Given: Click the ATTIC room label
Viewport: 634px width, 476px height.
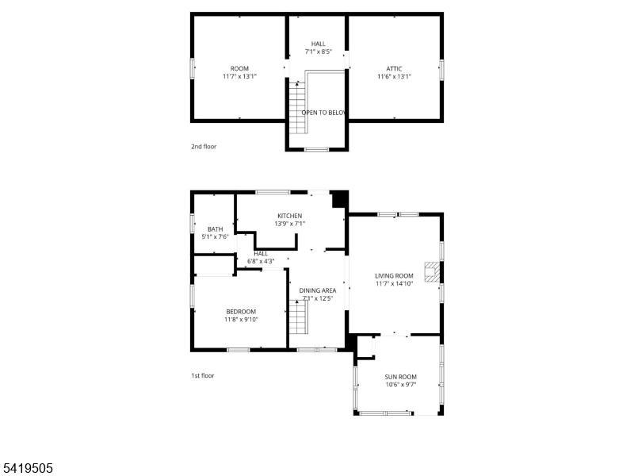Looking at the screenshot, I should [x=394, y=68].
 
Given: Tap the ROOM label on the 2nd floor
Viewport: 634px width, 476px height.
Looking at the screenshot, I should [x=239, y=68].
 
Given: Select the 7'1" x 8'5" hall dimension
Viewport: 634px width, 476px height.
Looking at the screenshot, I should [x=318, y=52].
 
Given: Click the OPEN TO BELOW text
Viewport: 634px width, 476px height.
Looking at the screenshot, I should [x=324, y=113].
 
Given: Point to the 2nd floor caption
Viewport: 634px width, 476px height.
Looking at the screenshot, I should [x=204, y=147].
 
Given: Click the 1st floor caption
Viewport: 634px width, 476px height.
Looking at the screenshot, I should [x=203, y=375].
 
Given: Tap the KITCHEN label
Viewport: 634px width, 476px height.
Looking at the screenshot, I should [x=289, y=216].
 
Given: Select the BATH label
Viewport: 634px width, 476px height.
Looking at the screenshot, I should [x=215, y=228].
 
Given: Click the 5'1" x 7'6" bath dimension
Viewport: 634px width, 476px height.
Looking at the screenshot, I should [x=215, y=236].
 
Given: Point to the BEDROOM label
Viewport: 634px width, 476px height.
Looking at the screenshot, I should [x=241, y=311].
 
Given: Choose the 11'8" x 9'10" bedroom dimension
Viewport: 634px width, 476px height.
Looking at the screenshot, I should [x=241, y=320].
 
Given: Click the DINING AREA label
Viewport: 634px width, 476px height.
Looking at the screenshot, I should [x=318, y=290].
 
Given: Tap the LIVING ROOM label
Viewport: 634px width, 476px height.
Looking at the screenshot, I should [x=394, y=275].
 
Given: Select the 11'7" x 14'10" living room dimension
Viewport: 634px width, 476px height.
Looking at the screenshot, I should [x=394, y=284].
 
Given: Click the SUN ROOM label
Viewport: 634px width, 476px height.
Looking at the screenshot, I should [x=400, y=376].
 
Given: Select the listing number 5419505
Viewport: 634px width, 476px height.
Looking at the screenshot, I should [x=28, y=468].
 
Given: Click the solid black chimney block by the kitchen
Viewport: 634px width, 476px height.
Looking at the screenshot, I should [x=339, y=199].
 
